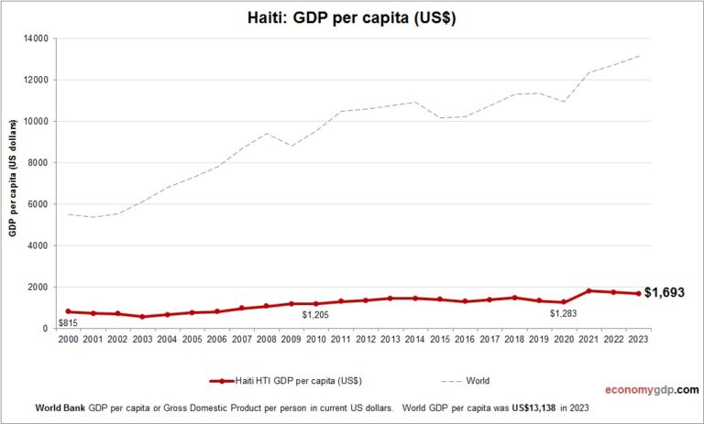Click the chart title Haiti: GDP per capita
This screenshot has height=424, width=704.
352,17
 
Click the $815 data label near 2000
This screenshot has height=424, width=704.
67,322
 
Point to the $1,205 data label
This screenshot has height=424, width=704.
315,315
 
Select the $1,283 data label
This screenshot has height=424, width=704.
563,314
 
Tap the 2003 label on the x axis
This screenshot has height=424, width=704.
142,341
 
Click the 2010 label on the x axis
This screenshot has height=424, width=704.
315,341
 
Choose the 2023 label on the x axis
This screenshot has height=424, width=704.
638,341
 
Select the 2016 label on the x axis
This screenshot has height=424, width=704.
464,341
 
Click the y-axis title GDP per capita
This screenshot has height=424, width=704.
15,183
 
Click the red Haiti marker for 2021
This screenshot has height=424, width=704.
588,290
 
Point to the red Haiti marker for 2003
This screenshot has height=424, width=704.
142,317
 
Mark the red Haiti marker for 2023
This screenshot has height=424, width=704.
638,293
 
